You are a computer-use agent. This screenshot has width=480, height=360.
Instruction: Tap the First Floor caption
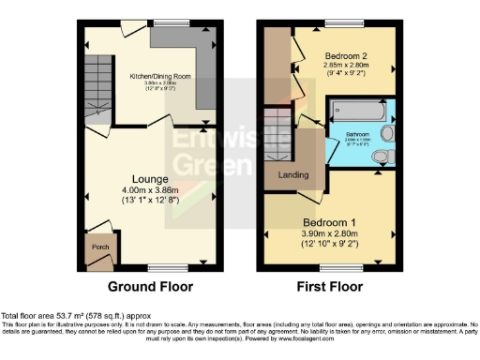pyautogui.click(x=330, y=287)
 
